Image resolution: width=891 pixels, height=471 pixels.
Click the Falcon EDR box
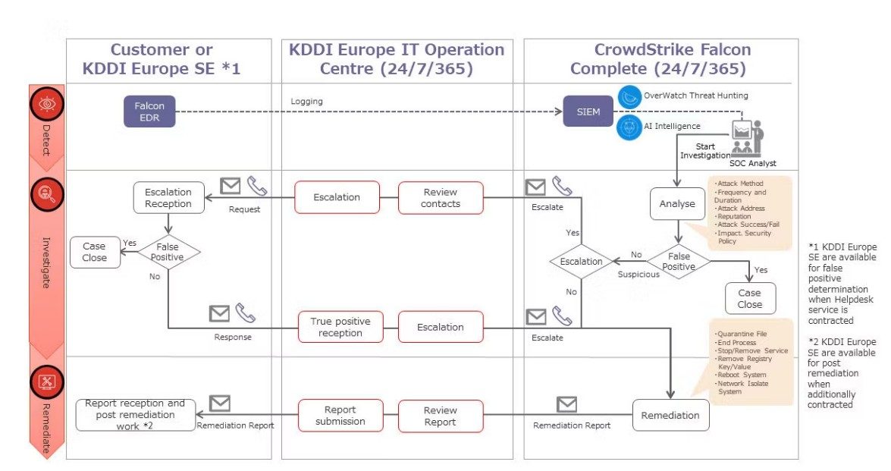(149, 112)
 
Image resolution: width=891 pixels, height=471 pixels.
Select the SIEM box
(588, 112)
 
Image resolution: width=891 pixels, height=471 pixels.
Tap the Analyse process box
(676, 204)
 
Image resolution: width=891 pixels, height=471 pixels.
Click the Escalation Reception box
(168, 198)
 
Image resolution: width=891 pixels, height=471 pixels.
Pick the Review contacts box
(441, 197)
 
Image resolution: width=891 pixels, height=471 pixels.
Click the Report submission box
(340, 416)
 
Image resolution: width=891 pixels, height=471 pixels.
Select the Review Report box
(441, 416)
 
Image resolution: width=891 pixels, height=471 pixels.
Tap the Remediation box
(671, 416)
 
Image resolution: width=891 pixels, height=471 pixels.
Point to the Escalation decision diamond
(581, 262)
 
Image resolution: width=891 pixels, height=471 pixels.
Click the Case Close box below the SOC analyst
(749, 298)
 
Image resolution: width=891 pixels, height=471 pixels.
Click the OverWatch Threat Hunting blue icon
(629, 96)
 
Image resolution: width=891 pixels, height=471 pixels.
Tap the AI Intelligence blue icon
(629, 126)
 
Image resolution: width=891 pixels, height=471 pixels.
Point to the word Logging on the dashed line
(306, 101)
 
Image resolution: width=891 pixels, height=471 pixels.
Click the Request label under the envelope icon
(244, 209)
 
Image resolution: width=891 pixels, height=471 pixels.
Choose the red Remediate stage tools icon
(45, 383)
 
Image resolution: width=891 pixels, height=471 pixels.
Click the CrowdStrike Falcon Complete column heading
(660, 59)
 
